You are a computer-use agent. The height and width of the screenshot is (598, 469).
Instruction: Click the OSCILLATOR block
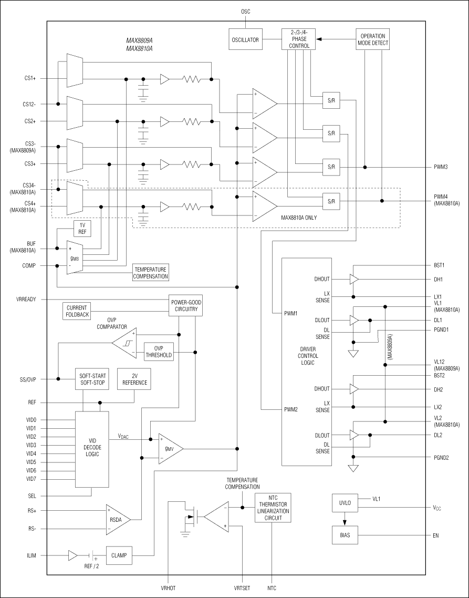click(246, 40)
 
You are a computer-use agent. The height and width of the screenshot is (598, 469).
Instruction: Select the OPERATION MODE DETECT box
click(373, 39)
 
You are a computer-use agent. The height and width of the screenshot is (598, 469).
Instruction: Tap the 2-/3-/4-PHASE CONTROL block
click(298, 39)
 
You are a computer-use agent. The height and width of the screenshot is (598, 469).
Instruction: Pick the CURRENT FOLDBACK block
click(77, 311)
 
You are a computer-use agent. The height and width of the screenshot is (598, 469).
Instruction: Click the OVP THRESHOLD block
click(158, 352)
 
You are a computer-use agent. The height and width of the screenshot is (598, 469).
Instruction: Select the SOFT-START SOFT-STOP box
click(92, 379)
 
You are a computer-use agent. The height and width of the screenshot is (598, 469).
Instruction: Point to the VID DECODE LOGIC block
click(92, 450)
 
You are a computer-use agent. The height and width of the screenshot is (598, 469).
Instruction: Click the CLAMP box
click(119, 554)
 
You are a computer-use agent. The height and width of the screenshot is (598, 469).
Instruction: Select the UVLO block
click(345, 503)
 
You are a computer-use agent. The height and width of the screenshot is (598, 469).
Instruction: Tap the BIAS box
click(345, 535)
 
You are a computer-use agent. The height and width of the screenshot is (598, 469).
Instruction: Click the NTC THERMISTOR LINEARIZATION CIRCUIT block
click(272, 508)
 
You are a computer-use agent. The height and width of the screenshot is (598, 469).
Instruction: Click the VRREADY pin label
click(26, 299)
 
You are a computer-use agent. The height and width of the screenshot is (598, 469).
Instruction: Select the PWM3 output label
click(440, 167)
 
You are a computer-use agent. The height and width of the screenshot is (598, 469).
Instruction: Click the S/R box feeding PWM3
click(331, 167)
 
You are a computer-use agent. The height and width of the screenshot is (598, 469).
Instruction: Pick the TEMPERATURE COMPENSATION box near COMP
click(151, 273)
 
